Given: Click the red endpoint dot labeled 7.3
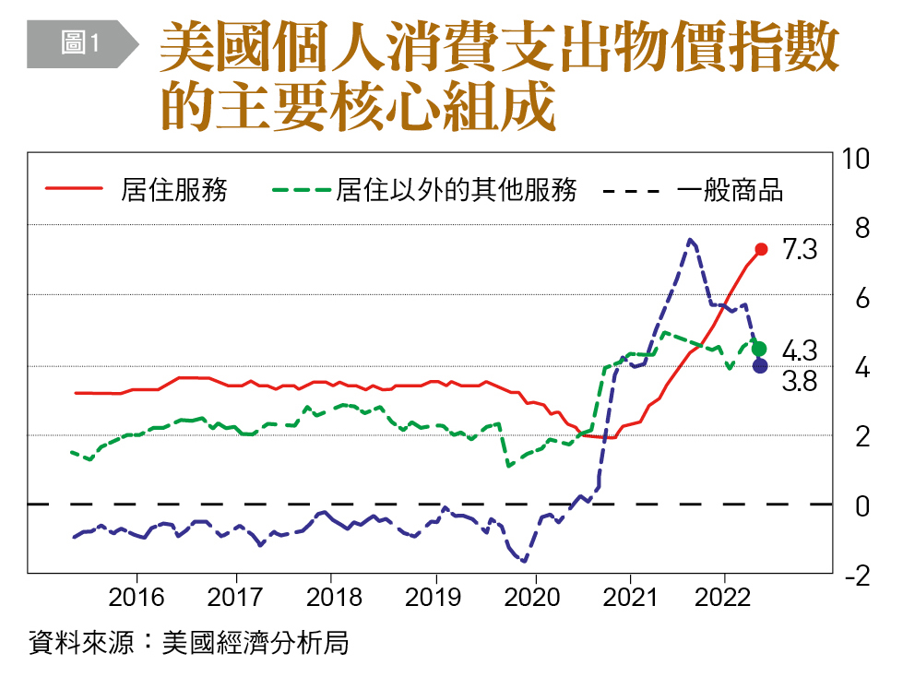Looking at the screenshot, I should click(x=761, y=249).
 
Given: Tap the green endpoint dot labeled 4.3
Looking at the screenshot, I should click(x=759, y=349).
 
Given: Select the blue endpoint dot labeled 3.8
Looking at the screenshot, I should click(x=759, y=366).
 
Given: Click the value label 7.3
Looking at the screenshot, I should click(x=800, y=250).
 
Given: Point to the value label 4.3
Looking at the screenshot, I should click(x=800, y=350).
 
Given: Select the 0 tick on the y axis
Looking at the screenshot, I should click(x=861, y=506).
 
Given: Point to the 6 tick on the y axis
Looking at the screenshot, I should click(x=861, y=298).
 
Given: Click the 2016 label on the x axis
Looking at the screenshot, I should click(x=137, y=597).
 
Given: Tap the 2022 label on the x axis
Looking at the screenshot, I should click(x=724, y=597).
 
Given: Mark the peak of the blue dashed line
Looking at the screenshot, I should click(x=690, y=240).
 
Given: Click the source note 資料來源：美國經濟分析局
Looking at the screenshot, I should click(x=189, y=642).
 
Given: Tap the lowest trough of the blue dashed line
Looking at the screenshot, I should click(x=525, y=560).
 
